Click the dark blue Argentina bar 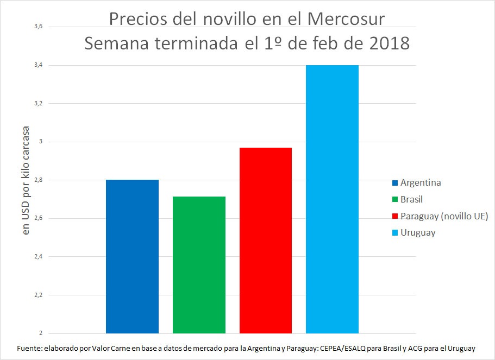click(132, 256)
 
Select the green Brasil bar click(199, 265)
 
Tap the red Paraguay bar click(266, 241)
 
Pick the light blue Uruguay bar click(332, 199)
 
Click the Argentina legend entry click(420, 182)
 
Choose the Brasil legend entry click(411, 199)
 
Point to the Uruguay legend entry click(418, 233)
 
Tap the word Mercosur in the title click(346, 19)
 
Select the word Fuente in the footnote click(29, 348)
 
